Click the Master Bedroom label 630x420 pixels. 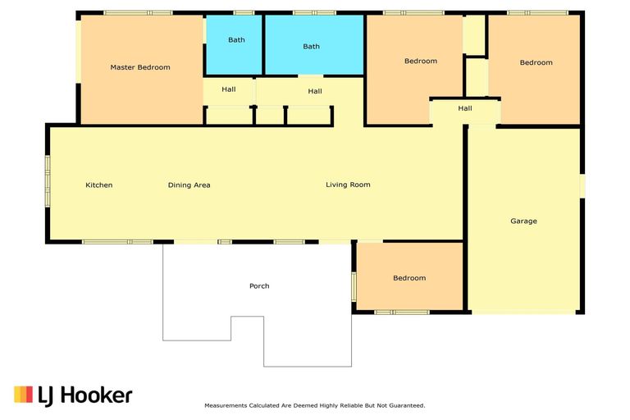point(140,67)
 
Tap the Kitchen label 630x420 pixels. point(98,185)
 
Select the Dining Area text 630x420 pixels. point(189,185)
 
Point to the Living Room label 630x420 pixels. point(348,185)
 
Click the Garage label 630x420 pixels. point(523,221)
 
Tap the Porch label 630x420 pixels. point(259,285)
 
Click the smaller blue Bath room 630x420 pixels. point(234,45)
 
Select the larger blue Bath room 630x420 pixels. point(314,45)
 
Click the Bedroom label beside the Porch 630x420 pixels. point(409,278)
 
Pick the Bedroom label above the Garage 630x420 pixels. point(536,62)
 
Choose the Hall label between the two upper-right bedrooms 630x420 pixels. point(465,108)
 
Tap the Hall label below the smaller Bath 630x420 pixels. point(229,89)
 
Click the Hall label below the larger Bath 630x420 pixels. point(315,91)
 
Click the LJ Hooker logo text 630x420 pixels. point(84,395)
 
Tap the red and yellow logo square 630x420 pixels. point(23,395)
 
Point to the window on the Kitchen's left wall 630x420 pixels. point(48,181)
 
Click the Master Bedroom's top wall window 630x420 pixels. point(138,13)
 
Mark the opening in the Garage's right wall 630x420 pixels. point(582,185)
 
